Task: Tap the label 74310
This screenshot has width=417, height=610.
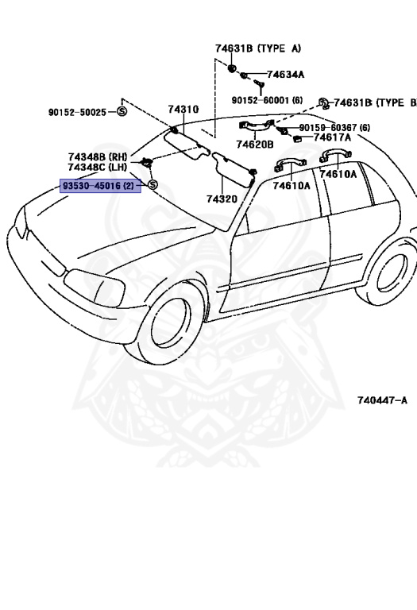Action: [x=183, y=110]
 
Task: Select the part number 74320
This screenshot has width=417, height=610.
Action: [x=222, y=199]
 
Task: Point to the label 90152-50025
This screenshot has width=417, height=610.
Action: [x=77, y=113]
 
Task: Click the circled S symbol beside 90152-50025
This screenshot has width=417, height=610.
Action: [x=122, y=112]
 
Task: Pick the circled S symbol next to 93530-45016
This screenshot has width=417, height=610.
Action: [x=153, y=185]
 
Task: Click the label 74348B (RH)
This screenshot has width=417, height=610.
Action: [x=98, y=156]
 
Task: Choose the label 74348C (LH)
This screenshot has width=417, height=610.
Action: [x=97, y=167]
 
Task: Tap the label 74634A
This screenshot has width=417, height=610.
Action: [x=285, y=75]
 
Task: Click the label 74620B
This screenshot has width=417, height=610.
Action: [x=255, y=145]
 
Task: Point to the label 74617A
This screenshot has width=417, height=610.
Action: [x=332, y=137]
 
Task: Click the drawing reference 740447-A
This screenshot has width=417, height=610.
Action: [x=382, y=400]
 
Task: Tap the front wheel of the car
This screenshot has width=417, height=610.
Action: [x=169, y=322]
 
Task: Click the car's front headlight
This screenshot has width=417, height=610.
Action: [x=95, y=287]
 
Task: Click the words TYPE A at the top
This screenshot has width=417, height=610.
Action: [x=280, y=48]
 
